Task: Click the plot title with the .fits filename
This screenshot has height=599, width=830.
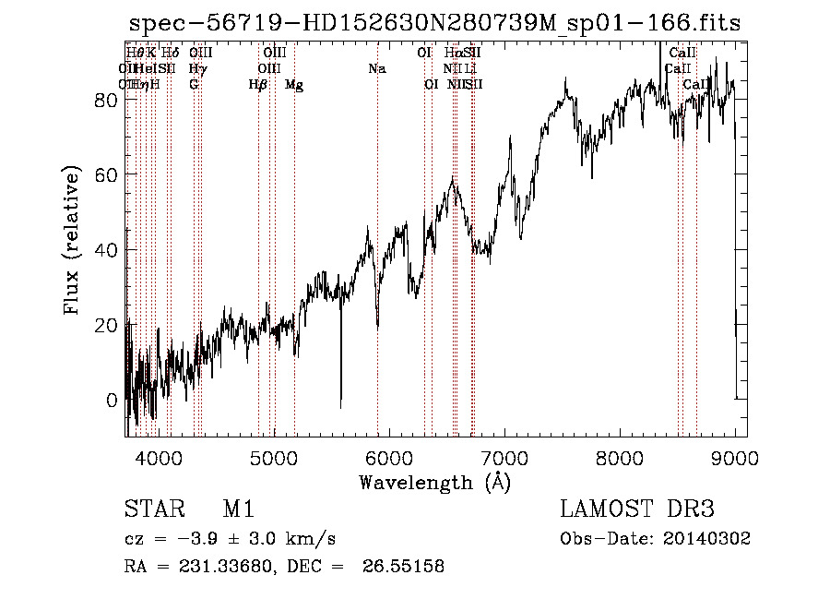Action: click(434, 23)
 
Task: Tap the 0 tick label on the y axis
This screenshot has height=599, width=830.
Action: click(112, 401)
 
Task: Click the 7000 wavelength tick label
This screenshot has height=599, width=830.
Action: click(504, 457)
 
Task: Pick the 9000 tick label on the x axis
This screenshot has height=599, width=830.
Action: click(735, 457)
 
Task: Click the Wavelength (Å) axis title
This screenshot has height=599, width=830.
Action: click(434, 482)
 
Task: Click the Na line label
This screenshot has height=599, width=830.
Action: click(376, 68)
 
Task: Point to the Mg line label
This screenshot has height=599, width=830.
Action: click(294, 85)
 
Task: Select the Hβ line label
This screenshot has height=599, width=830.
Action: click(258, 85)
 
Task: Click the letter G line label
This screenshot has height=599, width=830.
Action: click(194, 85)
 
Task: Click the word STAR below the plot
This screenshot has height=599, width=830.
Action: click(151, 509)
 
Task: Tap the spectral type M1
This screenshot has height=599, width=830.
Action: click(238, 509)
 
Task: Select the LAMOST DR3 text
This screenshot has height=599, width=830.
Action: click(637, 509)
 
